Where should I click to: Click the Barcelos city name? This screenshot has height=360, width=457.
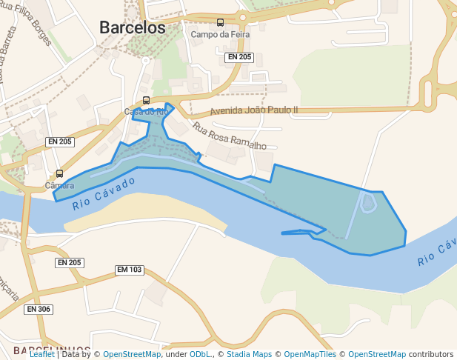point(133,27)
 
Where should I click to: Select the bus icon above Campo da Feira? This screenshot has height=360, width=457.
point(220,22)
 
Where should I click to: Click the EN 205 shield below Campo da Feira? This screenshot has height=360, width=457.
point(239,57)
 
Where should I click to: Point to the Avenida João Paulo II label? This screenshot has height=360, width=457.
point(254,110)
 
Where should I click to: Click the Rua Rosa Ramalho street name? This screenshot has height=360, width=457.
point(229,136)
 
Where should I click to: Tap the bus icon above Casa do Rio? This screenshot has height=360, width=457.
point(146,100)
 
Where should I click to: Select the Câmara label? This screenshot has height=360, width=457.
point(60,185)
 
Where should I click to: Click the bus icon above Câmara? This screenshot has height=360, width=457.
point(60,174)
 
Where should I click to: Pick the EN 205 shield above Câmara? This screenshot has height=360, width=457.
point(59,141)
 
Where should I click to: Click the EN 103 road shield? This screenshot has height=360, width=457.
point(130,270)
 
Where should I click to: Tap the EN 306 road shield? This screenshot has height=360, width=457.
point(39,309)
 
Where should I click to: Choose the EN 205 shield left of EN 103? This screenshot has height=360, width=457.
point(70,263)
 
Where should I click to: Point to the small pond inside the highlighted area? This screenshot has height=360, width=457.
point(368,202)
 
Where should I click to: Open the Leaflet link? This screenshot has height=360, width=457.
point(42,355)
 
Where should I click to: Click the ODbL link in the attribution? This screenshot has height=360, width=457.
point(199,355)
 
